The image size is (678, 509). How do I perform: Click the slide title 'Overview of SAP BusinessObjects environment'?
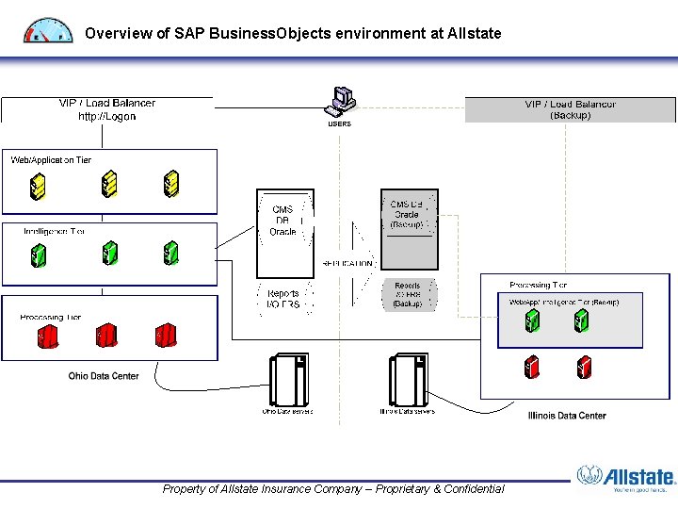pos(292,33)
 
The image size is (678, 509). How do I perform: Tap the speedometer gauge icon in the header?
pos(47,30)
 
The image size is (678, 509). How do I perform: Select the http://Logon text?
pos(106,116)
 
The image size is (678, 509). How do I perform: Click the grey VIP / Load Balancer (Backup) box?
pos(570,109)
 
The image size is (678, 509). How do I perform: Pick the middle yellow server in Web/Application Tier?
pos(109,184)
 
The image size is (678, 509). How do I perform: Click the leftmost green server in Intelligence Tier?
pos(39,254)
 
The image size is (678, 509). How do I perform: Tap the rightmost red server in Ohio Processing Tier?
pos(166,335)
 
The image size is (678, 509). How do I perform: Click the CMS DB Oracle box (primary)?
pos(285,221)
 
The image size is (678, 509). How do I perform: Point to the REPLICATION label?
pos(347,264)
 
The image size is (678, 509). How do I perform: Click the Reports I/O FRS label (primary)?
pos(283,299)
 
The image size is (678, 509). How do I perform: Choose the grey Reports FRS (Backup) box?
pos(409,294)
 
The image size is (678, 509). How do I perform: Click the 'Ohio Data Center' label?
pos(104,376)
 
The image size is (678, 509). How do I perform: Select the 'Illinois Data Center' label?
pos(567,415)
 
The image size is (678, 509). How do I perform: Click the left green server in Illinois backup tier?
pos(532,321)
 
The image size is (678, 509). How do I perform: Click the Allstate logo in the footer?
pos(626,479)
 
